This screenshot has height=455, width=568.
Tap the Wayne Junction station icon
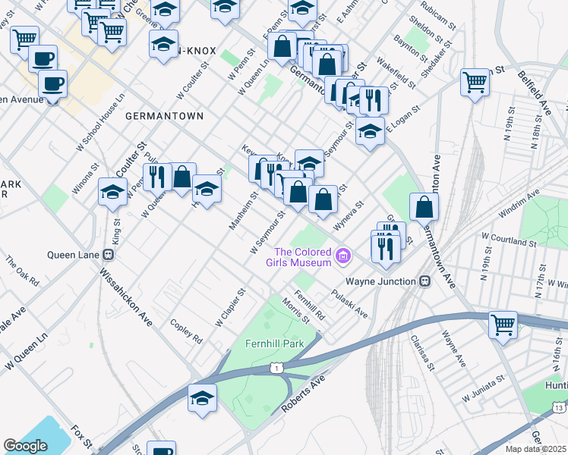[x=425, y=281]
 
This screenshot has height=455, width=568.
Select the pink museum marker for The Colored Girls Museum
[x=343, y=256]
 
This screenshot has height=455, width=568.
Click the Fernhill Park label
[x=274, y=344]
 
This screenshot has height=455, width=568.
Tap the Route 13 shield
[x=559, y=407]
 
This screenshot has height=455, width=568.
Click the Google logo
[x=25, y=446]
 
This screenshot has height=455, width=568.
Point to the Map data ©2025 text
[x=536, y=449]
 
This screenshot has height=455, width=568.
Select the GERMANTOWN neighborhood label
[x=164, y=116]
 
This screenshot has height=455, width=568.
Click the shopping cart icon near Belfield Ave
[x=475, y=83]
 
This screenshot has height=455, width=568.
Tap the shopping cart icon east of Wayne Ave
[x=503, y=326]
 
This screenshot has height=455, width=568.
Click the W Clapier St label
[x=230, y=307]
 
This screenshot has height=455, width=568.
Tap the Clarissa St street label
[x=421, y=350]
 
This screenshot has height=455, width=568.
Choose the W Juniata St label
[x=480, y=388]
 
